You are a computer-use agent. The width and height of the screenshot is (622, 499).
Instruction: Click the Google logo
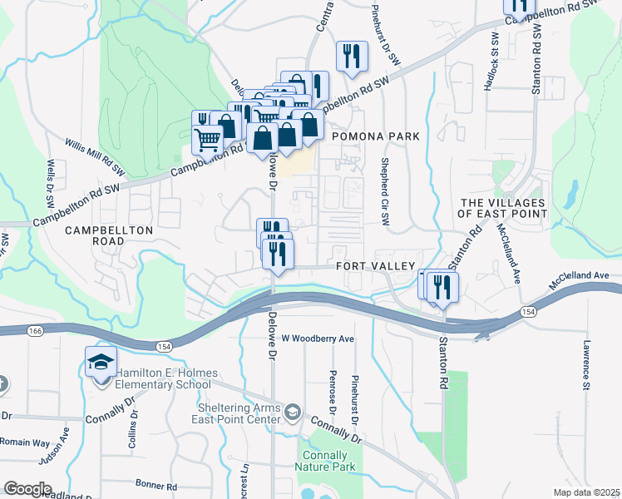tap(27, 489)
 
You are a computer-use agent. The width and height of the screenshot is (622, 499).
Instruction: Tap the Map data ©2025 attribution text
tap(586, 492)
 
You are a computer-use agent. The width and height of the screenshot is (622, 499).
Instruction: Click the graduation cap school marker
tap(101, 363)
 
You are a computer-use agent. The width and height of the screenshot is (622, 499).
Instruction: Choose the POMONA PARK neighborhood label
tap(373, 136)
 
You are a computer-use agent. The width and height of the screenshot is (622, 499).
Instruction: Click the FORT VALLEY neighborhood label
tap(375, 265)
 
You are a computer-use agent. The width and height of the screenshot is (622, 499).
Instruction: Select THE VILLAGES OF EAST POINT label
tap(503, 208)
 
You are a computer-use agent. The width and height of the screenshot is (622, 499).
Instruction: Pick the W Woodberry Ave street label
tap(318, 338)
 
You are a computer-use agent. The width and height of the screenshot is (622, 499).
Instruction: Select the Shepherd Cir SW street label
tap(385, 192)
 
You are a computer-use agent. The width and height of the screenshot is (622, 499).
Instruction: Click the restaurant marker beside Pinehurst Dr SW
tap(352, 57)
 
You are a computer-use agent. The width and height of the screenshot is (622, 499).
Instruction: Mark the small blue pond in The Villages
tap(571, 194)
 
